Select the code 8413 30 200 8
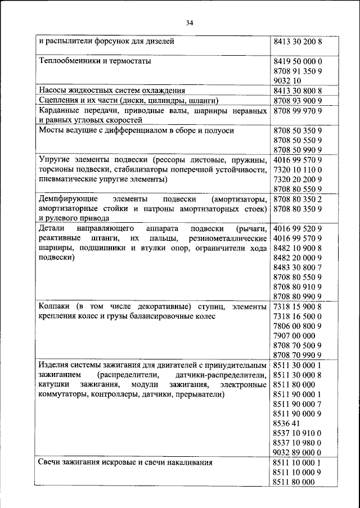click(x=297, y=42)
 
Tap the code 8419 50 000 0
click(x=297, y=61)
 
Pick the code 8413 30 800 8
click(x=297, y=91)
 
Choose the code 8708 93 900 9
click(x=297, y=100)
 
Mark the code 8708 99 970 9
click(x=297, y=111)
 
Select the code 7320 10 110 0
click(x=297, y=169)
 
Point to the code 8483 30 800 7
click(x=297, y=267)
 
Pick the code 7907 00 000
click(x=294, y=335)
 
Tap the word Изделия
click(x=55, y=365)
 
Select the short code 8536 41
click(x=286, y=423)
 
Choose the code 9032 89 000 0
click(x=297, y=452)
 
